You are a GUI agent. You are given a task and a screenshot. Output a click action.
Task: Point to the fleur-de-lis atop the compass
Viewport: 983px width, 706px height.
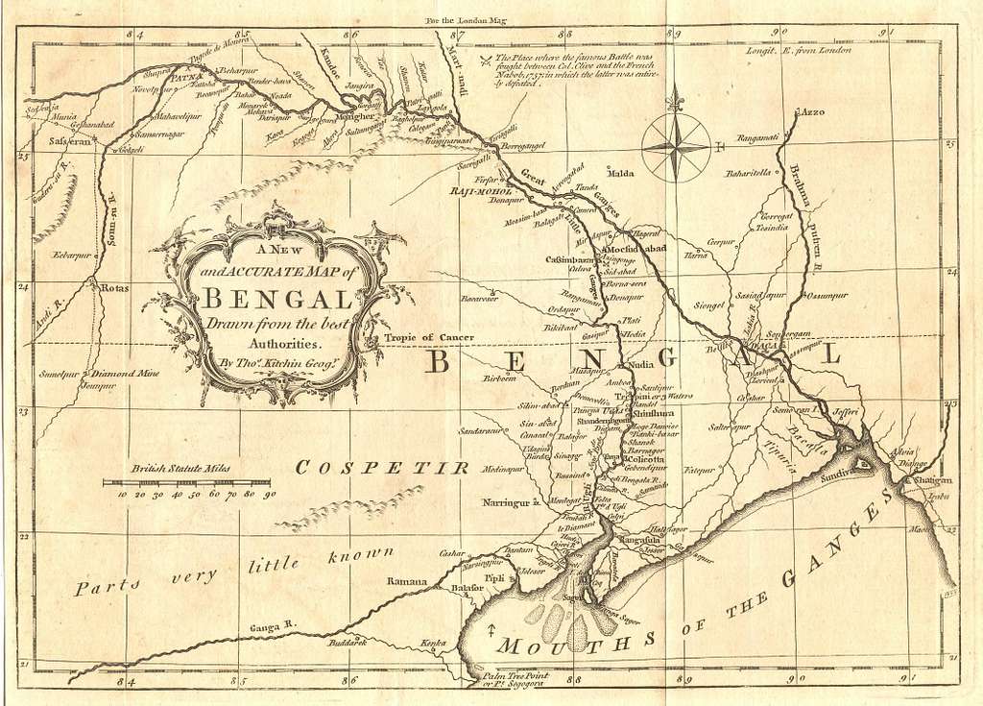[x=676, y=99]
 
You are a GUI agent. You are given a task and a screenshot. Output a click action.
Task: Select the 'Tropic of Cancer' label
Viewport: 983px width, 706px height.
[x=429, y=337]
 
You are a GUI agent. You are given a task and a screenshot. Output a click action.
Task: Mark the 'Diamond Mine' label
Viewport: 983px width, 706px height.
[x=125, y=374]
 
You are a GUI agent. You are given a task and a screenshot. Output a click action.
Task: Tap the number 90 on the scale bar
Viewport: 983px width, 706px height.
[x=270, y=494]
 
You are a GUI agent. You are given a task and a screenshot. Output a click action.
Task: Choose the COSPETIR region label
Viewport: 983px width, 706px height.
[x=381, y=468]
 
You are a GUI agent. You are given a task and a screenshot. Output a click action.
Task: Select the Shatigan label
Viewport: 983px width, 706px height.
[x=925, y=479]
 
